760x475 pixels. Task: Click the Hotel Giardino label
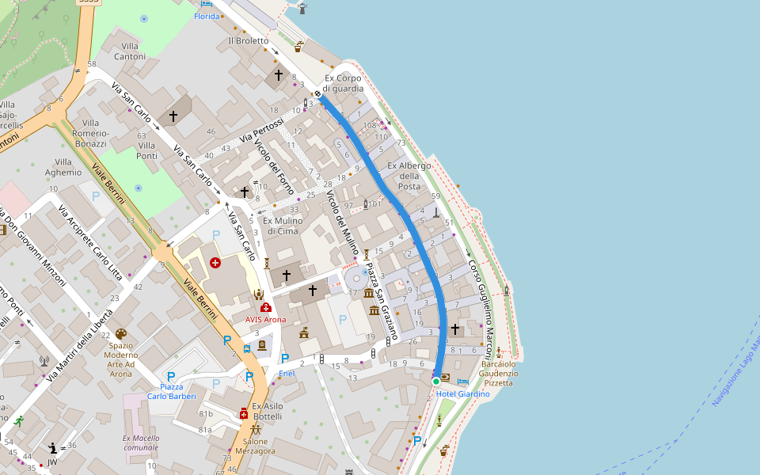point(463,393)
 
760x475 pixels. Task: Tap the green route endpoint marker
point(435,382)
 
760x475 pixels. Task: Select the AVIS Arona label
point(265,319)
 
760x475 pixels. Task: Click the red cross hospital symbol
point(215,263)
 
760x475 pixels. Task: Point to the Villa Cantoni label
point(130,51)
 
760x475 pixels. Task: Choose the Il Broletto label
point(249,40)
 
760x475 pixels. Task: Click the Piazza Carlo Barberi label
point(171,391)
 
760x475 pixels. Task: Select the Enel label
point(287,372)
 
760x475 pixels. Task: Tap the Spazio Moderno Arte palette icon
point(121,334)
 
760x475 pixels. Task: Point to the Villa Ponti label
point(147,150)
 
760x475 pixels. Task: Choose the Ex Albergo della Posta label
point(408,176)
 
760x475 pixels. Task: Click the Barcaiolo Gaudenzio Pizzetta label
point(499,373)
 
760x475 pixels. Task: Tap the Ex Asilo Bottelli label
point(267,411)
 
